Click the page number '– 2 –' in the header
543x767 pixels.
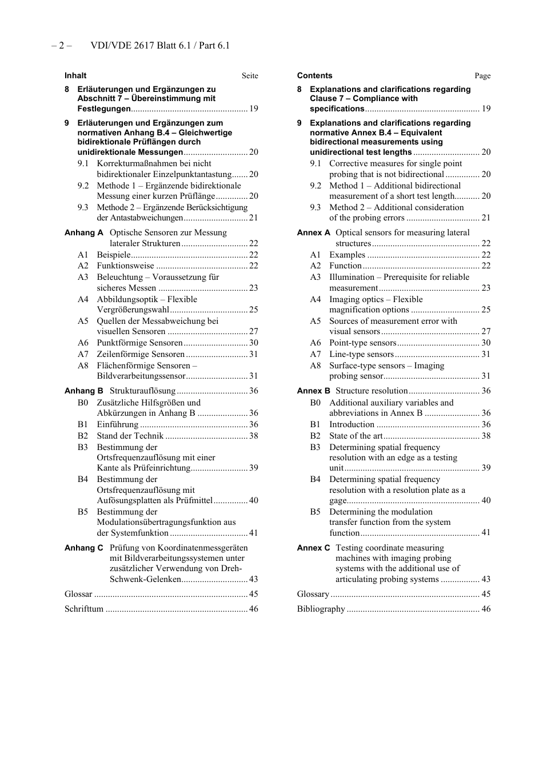(x=61, y=46)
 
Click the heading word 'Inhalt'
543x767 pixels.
(x=75, y=75)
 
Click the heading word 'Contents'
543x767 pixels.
(x=314, y=75)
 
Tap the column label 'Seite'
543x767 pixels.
(x=250, y=76)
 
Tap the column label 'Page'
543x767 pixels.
(x=482, y=76)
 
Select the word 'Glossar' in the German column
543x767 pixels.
(x=78, y=594)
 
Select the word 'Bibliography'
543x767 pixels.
(x=321, y=609)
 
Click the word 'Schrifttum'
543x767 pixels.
(x=84, y=609)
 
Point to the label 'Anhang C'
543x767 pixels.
(x=83, y=548)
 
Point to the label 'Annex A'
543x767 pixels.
(x=313, y=232)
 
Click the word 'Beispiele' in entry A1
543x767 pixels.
(x=113, y=255)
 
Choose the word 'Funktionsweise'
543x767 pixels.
(x=125, y=266)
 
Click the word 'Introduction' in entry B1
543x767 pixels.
(x=352, y=424)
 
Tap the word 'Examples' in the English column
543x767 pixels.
(x=347, y=255)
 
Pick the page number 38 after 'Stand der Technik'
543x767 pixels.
(x=254, y=436)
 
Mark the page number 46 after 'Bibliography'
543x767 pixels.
(x=486, y=609)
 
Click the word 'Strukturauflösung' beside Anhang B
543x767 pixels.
(x=142, y=391)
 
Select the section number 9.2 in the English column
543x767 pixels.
(x=316, y=186)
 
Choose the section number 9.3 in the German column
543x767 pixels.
(x=83, y=207)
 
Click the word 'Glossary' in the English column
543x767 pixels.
(x=313, y=594)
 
